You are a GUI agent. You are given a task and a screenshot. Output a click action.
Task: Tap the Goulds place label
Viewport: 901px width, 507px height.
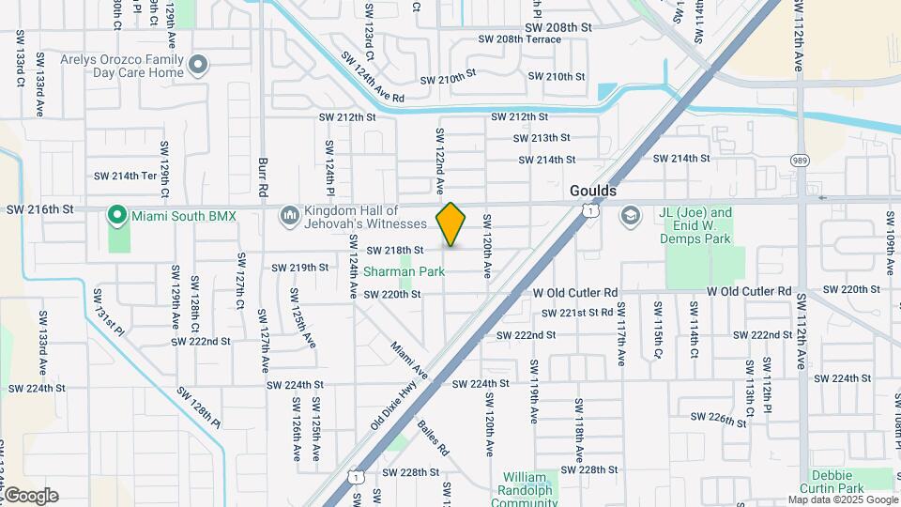593,191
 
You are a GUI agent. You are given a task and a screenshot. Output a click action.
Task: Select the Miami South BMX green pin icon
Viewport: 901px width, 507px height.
117,216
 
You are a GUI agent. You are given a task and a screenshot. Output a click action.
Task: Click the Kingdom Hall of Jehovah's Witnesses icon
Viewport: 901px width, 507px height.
289,217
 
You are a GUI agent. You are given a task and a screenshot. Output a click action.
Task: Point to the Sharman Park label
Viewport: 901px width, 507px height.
405,271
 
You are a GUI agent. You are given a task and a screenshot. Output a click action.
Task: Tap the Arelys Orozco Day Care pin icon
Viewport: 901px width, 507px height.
197,65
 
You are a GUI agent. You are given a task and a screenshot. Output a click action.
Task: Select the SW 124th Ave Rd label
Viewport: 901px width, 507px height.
372,79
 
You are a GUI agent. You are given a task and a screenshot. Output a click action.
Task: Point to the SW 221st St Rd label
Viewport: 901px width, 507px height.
578,313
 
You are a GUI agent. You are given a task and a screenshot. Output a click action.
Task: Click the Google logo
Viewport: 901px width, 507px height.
31,496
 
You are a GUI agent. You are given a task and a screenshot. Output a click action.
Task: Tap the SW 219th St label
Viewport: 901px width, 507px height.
300,268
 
